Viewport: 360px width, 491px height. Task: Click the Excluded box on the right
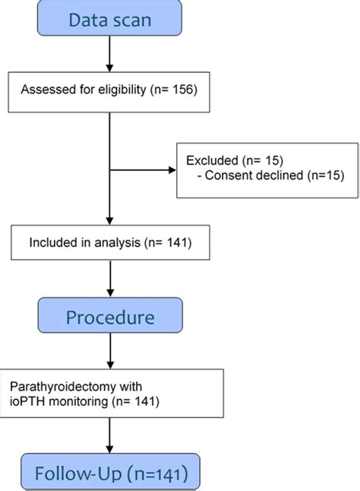pyautogui.click(x=267, y=169)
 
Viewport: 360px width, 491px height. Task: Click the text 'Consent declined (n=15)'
pyautogui.click(x=274, y=176)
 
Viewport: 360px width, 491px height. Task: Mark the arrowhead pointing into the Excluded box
pyautogui.click(x=172, y=169)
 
